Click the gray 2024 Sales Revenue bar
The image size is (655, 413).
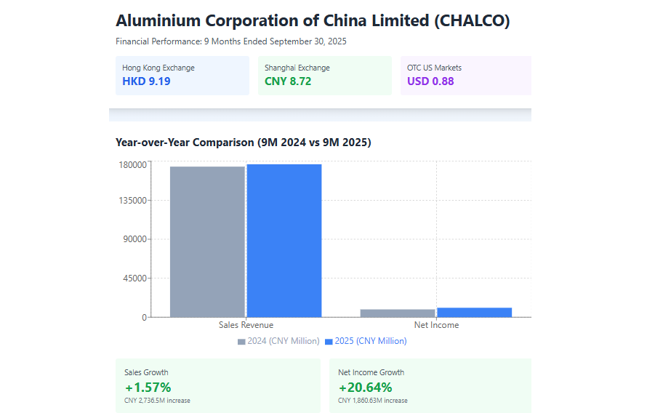pyautogui.click(x=207, y=241)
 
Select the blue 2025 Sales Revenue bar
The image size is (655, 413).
pyautogui.click(x=284, y=240)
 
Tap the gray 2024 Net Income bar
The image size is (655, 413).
pyautogui.click(x=397, y=313)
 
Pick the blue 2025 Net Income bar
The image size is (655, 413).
pyautogui.click(x=474, y=312)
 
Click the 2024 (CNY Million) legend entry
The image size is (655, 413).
pyautogui.click(x=278, y=341)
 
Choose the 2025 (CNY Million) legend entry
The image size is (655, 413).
pyautogui.click(x=366, y=341)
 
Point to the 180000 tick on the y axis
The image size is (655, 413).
pyautogui.click(x=133, y=164)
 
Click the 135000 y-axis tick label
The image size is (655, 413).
pyautogui.click(x=133, y=200)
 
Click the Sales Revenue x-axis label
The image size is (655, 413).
pyautogui.click(x=246, y=325)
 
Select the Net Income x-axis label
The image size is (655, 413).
pyautogui.click(x=436, y=325)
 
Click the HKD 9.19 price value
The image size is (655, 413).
pyautogui.click(x=146, y=81)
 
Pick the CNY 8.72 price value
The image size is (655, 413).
pyautogui.click(x=288, y=81)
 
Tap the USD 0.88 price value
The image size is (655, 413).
pyautogui.click(x=430, y=81)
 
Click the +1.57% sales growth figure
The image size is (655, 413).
pyautogui.click(x=148, y=387)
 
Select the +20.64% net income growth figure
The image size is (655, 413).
pyautogui.click(x=365, y=387)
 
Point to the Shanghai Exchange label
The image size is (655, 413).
pyautogui.click(x=297, y=68)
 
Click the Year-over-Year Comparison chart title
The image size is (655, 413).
pyautogui.click(x=243, y=143)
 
